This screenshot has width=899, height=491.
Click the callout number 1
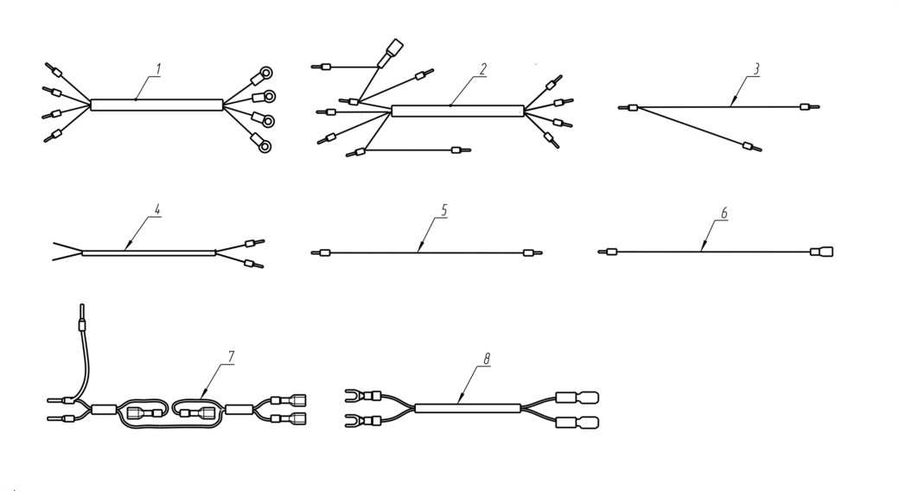tap(159, 69)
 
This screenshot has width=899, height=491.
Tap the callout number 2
tap(482, 69)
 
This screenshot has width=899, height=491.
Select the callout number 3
tap(756, 69)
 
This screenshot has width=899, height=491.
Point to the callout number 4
tap(157, 209)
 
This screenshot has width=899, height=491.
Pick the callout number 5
tap(443, 211)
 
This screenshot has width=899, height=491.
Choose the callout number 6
tap(724, 213)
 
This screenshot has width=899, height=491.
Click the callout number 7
tap(231, 357)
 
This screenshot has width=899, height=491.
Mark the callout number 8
tap(487, 359)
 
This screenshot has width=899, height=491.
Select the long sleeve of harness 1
tap(156, 105)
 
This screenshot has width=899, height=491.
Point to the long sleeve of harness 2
tap(457, 112)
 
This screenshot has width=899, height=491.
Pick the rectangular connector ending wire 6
tap(821, 252)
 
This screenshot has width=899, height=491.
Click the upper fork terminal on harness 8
tap(363, 395)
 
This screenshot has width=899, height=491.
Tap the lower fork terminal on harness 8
tap(363, 421)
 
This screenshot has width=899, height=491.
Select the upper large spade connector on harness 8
tap(577, 398)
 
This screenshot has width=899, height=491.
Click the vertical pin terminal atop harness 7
tap(81, 318)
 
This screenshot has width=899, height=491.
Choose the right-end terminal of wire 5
tap(532, 252)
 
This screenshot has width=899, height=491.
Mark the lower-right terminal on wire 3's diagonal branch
tap(752, 147)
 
